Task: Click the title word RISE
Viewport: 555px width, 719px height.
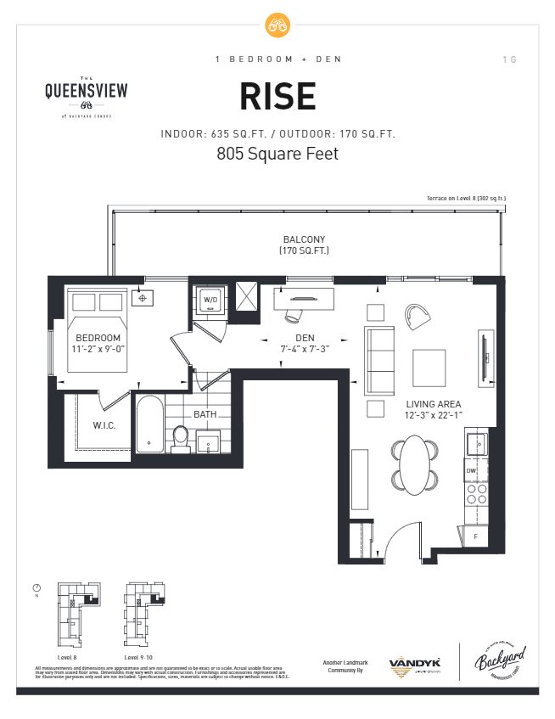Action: [277, 97]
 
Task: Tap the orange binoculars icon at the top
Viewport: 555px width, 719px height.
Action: [277, 25]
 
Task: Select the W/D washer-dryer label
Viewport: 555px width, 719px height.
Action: [209, 299]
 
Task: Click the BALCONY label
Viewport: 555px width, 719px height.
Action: [304, 239]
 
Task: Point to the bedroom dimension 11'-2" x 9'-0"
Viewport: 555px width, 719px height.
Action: [98, 348]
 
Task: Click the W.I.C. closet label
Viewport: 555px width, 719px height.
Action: [104, 424]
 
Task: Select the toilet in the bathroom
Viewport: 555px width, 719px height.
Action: [180, 436]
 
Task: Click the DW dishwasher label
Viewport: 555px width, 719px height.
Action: [470, 469]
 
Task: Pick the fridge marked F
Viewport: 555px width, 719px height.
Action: [475, 536]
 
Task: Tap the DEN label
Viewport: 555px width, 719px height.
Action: [305, 338]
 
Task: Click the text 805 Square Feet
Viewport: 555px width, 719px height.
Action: [277, 154]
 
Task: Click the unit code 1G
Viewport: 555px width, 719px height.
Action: [509, 59]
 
